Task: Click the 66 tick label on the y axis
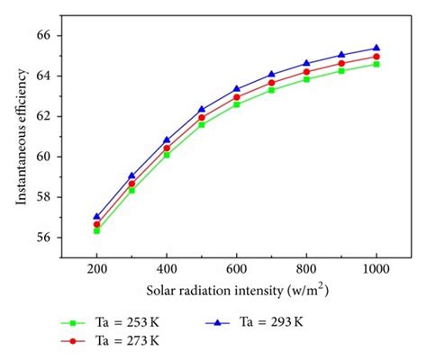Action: (45, 35)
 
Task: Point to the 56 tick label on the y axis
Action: (45, 238)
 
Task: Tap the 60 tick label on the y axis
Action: (45, 157)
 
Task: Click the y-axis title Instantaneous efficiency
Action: (20, 146)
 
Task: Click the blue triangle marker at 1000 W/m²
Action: (376, 48)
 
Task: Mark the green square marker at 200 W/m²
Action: (96, 230)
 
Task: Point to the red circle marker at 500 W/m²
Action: (201, 117)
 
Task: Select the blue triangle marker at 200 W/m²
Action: (96, 216)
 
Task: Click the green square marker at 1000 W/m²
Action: (376, 64)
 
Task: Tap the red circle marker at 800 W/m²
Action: (306, 71)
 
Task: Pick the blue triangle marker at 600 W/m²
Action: (236, 89)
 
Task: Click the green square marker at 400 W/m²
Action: (167, 155)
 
